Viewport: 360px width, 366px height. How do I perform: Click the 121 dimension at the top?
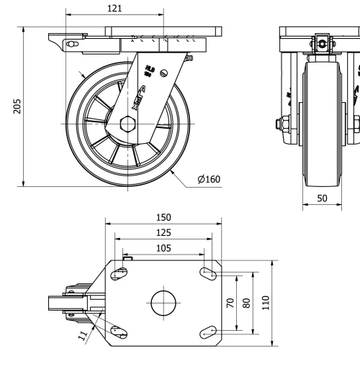coord(114,8)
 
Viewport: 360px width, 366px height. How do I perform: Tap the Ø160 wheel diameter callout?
coord(208,179)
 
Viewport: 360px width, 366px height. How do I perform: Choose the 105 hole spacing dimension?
coord(163,247)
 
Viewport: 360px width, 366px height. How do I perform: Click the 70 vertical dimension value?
coord(231,303)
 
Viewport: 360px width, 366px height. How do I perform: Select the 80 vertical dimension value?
coord(248,303)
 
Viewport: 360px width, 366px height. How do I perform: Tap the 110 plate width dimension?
coord(265,303)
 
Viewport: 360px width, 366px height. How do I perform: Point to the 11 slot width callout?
coord(83,334)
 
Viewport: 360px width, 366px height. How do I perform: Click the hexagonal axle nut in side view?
coord(130,124)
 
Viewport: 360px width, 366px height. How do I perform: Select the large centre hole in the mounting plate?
coord(163,303)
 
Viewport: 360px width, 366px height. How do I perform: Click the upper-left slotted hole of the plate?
coord(120,273)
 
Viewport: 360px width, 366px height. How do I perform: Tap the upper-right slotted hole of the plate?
coord(208,273)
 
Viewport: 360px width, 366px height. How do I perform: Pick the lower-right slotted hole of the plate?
coord(208,331)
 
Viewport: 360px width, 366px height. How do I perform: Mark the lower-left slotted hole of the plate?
coord(120,332)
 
